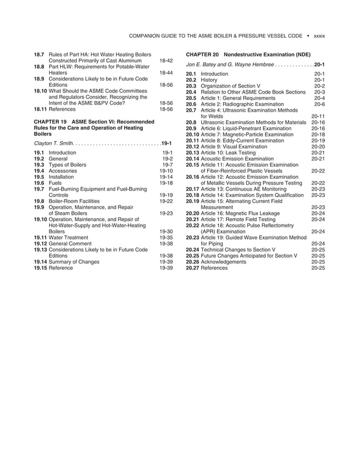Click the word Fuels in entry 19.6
coord(56,183)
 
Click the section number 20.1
coord(191,74)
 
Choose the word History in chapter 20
coord(210,80)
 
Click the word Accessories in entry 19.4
coord(63,171)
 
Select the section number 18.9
coord(39,79)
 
